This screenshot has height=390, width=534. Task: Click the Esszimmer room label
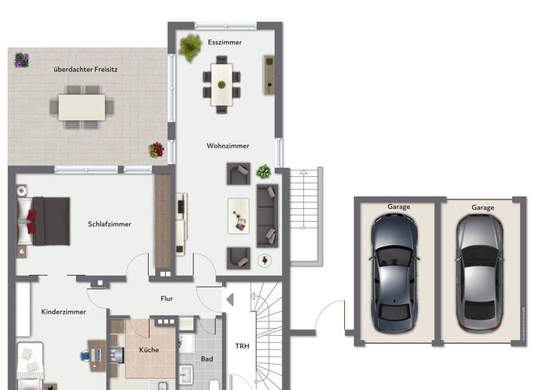coord(225,42)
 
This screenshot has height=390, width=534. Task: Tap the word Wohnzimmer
coord(227,146)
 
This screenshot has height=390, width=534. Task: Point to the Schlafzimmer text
coord(110,224)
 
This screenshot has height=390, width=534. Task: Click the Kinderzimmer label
coord(63,312)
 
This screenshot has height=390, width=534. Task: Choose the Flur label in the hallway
coord(166,299)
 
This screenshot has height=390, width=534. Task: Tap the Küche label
coord(149,350)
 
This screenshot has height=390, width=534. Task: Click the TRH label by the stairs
coord(241,346)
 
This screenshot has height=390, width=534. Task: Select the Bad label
coord(207,359)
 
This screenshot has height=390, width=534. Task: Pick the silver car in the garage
coord(478,272)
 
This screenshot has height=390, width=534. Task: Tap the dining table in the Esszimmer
coord(222,84)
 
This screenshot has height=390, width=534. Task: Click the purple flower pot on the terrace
coord(22,60)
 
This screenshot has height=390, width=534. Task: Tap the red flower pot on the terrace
coord(156,150)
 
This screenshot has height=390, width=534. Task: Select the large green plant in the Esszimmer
coord(189,48)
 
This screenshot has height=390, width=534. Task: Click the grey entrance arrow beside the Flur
coord(229,299)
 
